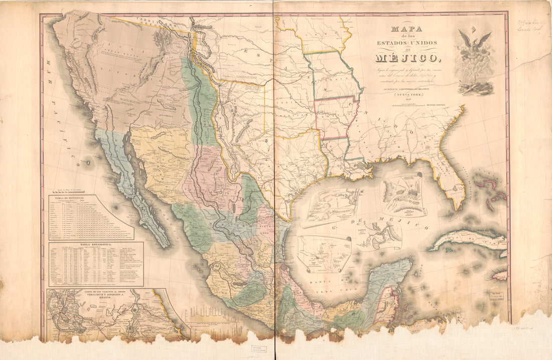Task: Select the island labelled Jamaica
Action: point(500,275)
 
